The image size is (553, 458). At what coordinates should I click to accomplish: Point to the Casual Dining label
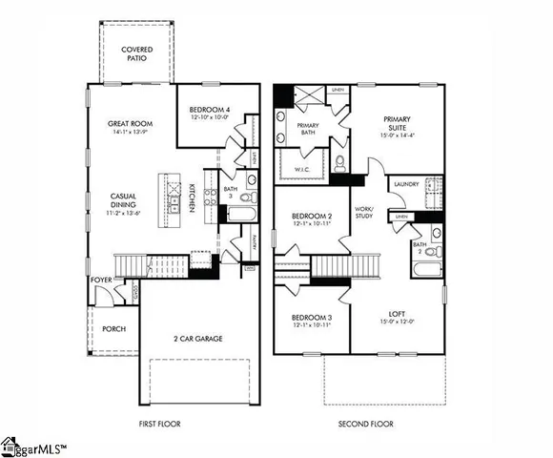[127, 200]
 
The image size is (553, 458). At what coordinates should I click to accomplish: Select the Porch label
[113, 329]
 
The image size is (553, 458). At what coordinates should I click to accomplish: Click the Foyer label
[100, 281]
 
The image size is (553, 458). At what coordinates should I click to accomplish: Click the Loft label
[397, 312]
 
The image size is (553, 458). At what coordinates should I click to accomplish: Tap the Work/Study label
[364, 212]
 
